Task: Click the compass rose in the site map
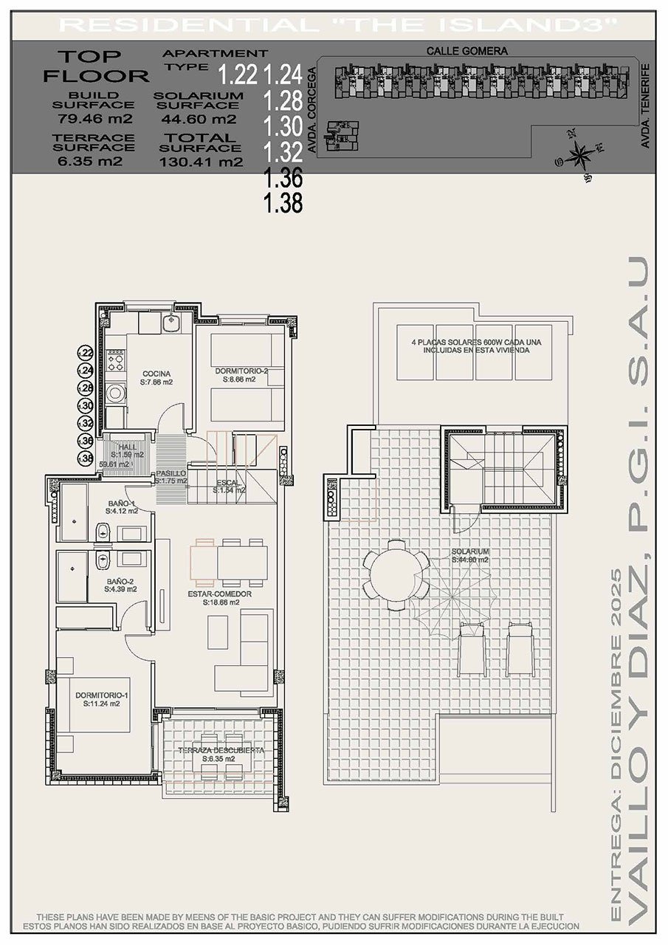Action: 581,155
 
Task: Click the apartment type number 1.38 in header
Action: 283,203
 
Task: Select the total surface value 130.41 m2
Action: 200,163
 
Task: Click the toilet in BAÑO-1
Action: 104,529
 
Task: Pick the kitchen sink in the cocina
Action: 176,323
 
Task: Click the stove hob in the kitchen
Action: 116,362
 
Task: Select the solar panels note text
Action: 472,347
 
